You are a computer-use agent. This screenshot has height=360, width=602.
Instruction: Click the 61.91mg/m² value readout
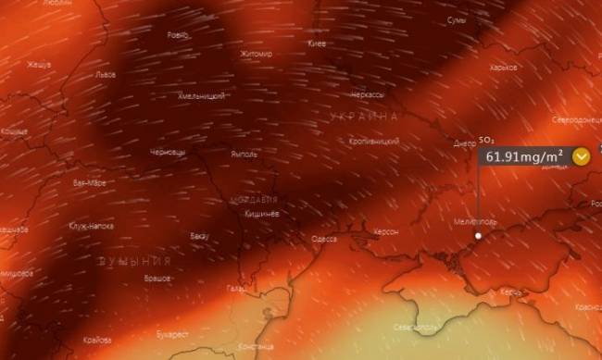(524, 156)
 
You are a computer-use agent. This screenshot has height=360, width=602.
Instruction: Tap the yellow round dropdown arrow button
(582, 156)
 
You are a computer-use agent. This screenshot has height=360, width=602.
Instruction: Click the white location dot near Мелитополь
(478, 236)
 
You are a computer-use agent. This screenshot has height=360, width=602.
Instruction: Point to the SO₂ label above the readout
(485, 140)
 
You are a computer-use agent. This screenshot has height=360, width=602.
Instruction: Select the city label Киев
(316, 43)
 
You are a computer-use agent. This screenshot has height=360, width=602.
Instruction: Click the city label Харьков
(529, 68)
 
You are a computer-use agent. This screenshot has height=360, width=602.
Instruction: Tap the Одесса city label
(323, 239)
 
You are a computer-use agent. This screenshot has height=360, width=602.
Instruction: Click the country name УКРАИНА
(365, 117)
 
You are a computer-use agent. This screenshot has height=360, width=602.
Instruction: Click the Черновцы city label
(168, 151)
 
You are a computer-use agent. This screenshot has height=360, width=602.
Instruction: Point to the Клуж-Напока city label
(90, 225)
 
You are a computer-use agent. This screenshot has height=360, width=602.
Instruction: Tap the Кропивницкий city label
(373, 142)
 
